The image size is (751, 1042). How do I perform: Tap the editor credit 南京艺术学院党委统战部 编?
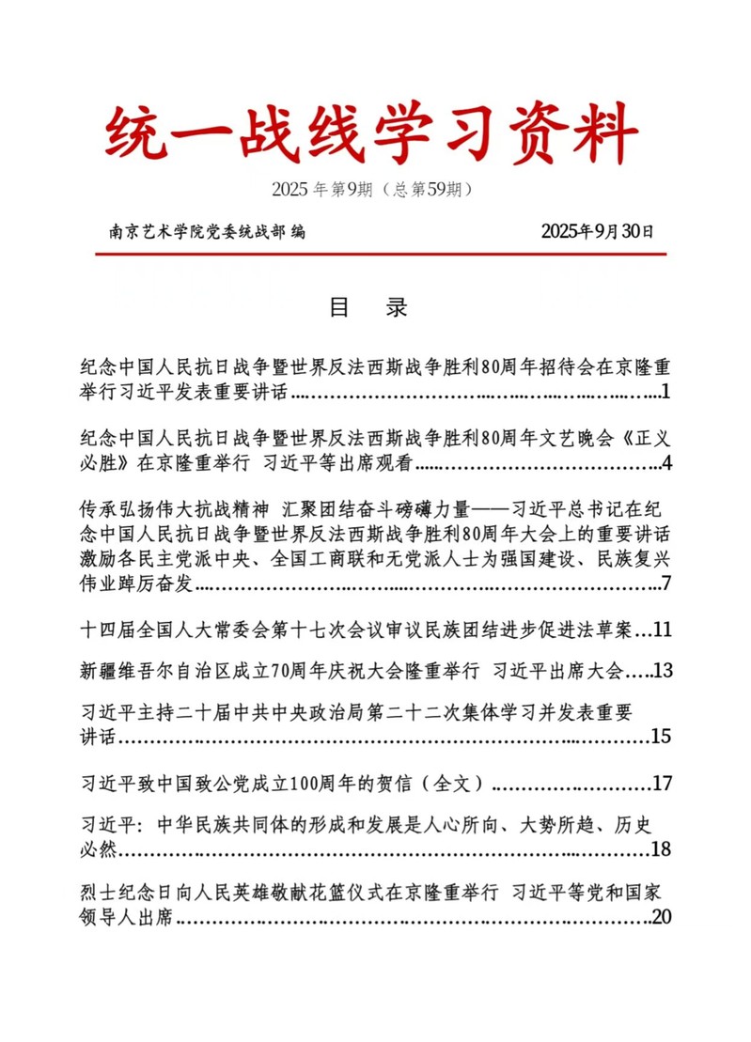(x=207, y=232)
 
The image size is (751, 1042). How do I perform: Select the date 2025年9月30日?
(x=597, y=232)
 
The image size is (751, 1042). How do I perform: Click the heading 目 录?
(x=367, y=307)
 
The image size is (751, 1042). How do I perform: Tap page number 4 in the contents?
(x=665, y=462)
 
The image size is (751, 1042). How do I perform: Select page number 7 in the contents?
(x=665, y=583)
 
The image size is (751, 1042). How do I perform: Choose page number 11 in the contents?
(x=662, y=629)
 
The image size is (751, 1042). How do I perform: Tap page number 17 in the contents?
(x=662, y=782)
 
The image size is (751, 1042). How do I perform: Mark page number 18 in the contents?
(x=661, y=849)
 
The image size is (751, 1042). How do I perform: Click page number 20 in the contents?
(x=661, y=917)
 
